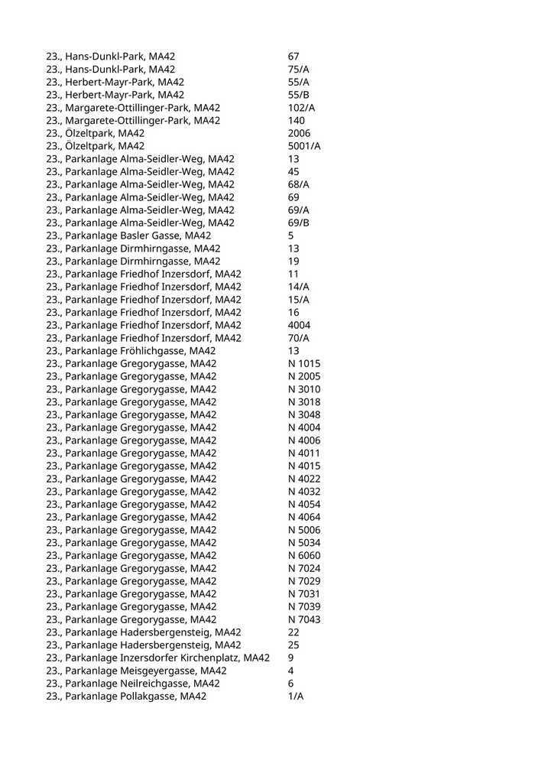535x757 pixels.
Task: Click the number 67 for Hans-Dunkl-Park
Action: point(293,57)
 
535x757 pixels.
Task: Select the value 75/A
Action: point(299,70)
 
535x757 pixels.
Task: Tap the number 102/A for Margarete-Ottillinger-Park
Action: point(301,108)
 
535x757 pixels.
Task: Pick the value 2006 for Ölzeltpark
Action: point(300,133)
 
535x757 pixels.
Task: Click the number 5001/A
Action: point(304,146)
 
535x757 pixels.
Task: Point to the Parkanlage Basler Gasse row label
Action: point(128,236)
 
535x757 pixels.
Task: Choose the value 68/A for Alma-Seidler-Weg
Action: point(299,184)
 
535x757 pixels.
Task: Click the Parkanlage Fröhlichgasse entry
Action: point(131,351)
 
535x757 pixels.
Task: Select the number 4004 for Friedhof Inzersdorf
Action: point(300,325)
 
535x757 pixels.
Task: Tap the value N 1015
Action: point(304,363)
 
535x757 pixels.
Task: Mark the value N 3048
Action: point(304,414)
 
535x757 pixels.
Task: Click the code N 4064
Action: point(304,517)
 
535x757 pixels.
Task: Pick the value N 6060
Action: point(304,555)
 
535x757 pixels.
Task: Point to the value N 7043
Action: point(304,619)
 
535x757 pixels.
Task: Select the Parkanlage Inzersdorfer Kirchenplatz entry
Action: point(157,658)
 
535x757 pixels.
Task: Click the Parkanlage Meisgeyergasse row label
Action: point(135,671)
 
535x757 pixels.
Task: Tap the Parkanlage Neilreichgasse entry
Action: point(133,684)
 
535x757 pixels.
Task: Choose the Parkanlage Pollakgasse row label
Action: point(126,697)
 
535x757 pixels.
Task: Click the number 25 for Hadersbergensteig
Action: point(293,645)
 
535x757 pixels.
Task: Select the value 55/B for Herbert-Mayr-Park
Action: point(299,95)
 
